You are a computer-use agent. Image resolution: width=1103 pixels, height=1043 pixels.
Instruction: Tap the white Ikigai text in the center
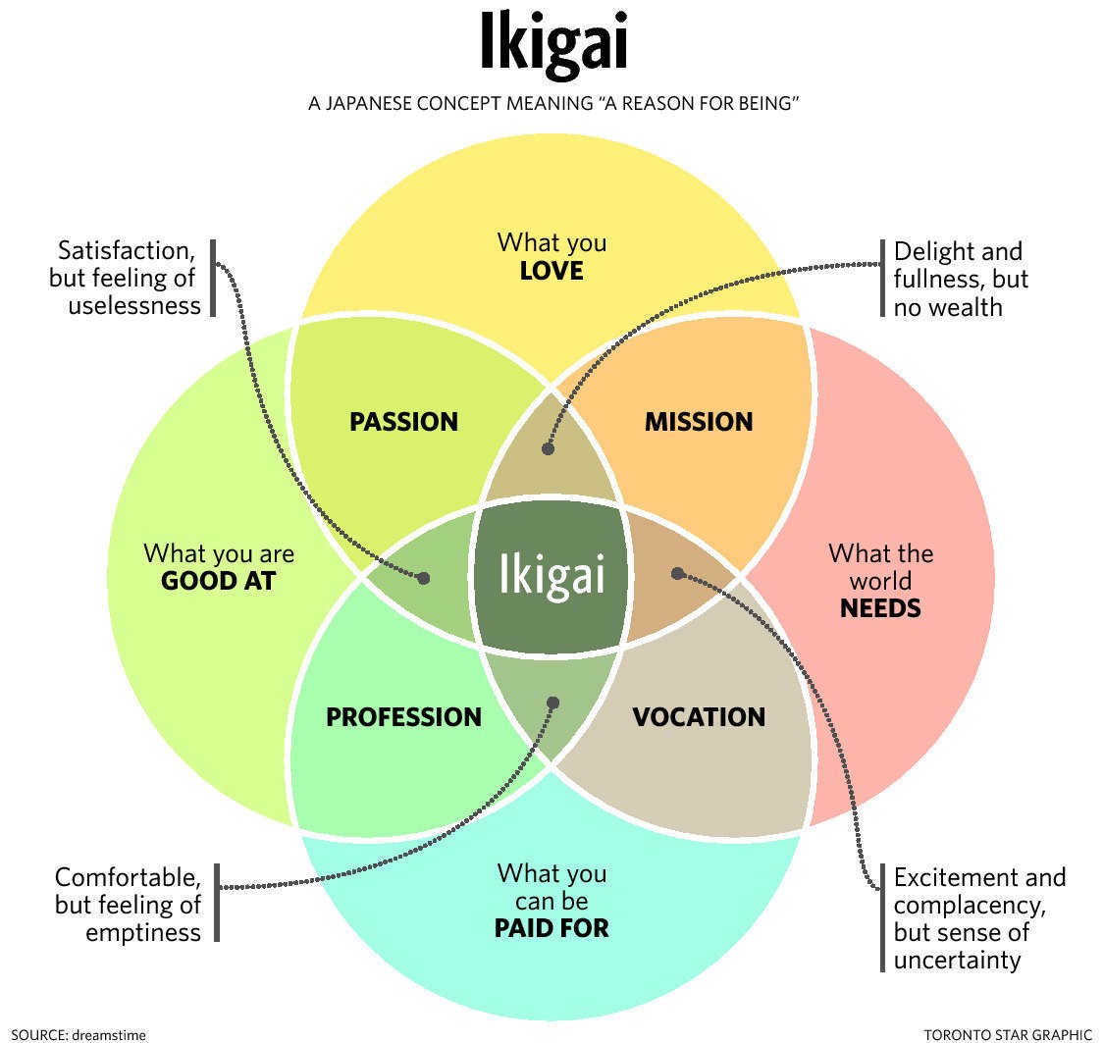click(551, 575)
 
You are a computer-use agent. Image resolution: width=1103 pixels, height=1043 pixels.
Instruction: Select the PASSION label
click(403, 422)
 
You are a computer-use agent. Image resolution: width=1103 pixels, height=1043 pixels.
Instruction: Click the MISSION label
click(698, 422)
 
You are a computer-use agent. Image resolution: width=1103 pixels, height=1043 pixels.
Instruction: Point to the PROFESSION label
click(403, 717)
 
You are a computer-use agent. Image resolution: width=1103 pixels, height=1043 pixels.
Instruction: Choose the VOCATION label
click(698, 717)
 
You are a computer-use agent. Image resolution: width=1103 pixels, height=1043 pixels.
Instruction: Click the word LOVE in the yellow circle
click(551, 271)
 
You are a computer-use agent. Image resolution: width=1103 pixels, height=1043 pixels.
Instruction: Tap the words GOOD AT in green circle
click(218, 581)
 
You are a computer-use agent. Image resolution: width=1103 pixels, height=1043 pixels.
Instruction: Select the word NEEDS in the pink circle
click(880, 608)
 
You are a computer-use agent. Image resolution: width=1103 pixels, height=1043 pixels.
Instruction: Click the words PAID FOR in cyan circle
click(551, 927)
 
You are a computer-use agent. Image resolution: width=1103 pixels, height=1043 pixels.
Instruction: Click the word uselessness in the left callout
click(134, 305)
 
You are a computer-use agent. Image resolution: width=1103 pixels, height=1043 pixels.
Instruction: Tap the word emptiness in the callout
click(143, 932)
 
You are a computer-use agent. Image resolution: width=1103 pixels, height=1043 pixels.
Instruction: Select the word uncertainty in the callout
click(957, 960)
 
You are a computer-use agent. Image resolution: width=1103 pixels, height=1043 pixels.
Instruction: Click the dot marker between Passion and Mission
click(548, 448)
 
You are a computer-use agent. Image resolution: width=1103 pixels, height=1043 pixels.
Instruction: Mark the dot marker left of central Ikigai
click(424, 578)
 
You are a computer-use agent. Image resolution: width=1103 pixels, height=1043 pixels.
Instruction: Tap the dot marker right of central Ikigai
click(676, 572)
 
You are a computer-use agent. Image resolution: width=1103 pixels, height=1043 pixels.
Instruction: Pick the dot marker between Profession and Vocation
click(552, 703)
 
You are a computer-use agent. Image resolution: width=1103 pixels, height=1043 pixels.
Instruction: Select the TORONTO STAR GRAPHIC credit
click(1008, 1033)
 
